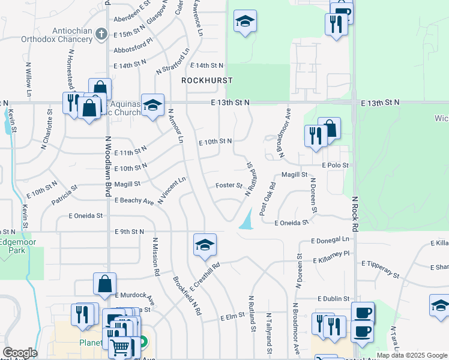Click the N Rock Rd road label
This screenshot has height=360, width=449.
(355, 214)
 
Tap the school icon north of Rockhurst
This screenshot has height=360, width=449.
(244, 22)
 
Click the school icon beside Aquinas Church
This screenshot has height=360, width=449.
(152, 106)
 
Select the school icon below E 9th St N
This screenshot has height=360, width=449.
(204, 245)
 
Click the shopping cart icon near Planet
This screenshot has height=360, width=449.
(120, 346)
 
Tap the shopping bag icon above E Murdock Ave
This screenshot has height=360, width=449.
(105, 284)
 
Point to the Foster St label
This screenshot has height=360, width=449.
(229, 185)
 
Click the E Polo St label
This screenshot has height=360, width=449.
(335, 164)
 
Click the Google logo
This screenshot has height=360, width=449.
(20, 353)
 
